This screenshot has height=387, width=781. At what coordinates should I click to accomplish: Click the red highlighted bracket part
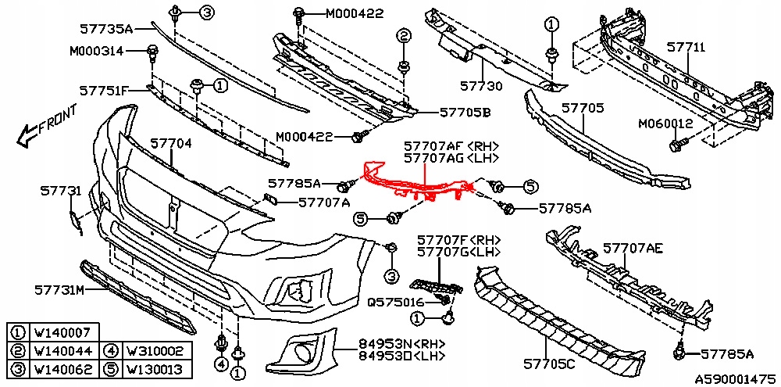tap(414, 186)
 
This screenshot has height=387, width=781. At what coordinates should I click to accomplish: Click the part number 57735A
tap(107, 29)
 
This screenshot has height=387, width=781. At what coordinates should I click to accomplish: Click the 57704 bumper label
tap(171, 144)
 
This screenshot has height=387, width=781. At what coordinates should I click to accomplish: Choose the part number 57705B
tap(465, 113)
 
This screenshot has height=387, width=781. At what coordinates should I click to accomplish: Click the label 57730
tap(481, 86)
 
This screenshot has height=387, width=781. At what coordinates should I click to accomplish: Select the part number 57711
tap(686, 48)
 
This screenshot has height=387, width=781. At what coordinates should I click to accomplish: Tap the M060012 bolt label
tap(665, 124)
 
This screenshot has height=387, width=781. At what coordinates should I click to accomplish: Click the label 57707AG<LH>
tap(451, 158)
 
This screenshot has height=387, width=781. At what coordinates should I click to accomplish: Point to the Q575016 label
tap(395, 302)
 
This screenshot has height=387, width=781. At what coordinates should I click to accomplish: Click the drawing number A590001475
tap(734, 377)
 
